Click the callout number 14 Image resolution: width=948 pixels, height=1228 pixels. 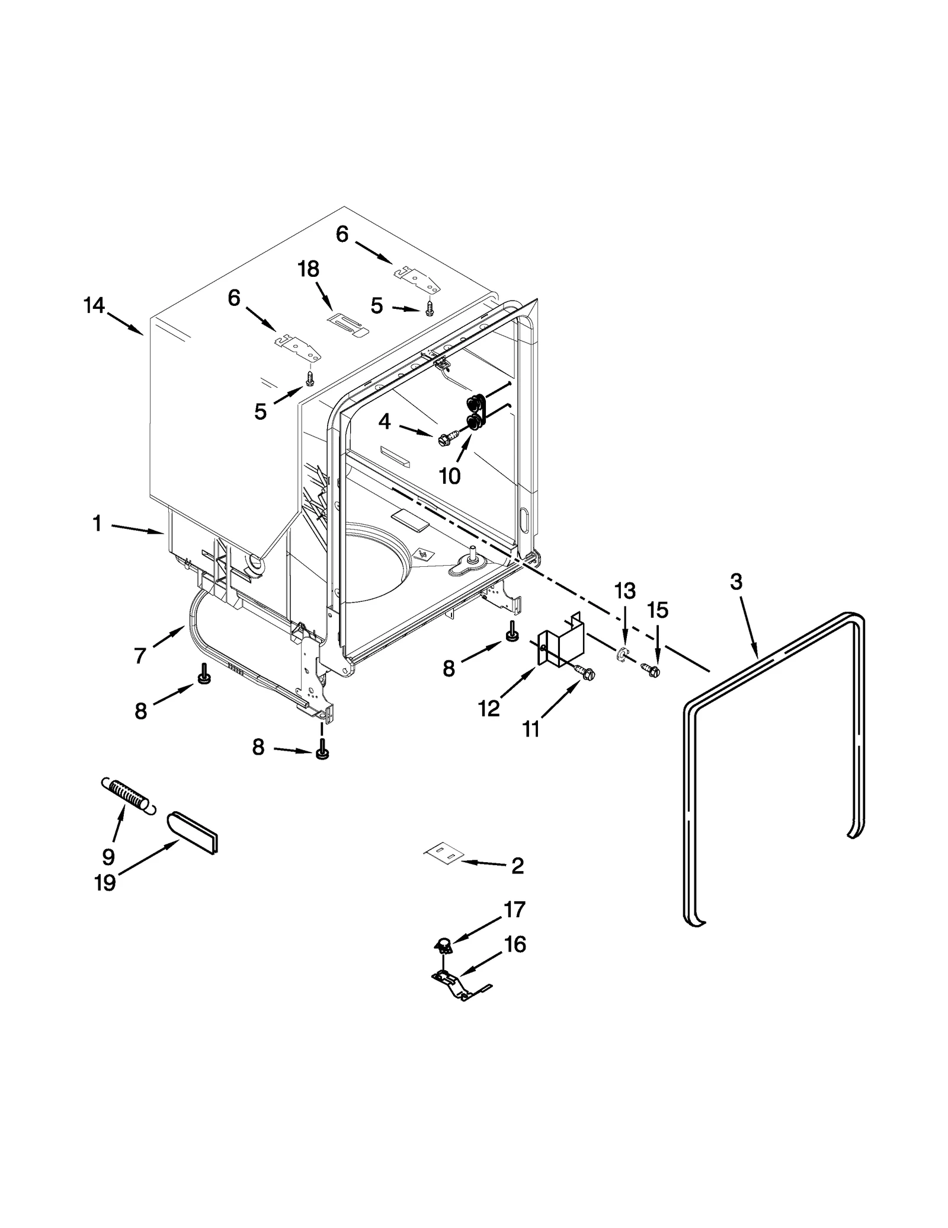[x=94, y=306]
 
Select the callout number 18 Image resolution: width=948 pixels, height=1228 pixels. [x=308, y=269]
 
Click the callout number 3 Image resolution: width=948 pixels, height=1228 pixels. [x=735, y=582]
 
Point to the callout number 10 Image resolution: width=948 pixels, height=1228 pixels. [x=450, y=476]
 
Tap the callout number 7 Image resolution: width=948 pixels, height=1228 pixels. [x=140, y=656]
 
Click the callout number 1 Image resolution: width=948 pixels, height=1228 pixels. [x=97, y=524]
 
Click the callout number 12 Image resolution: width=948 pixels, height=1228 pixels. [x=489, y=708]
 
